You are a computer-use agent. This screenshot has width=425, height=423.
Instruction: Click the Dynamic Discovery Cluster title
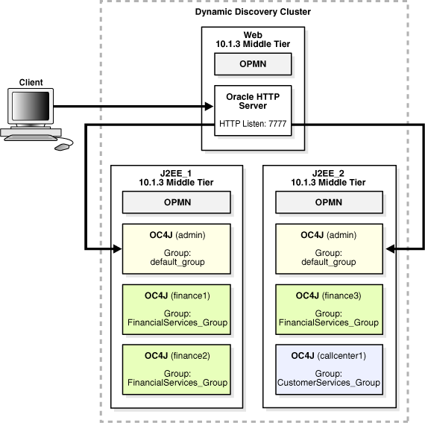253,12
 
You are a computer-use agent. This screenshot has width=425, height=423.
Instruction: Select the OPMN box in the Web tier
253,64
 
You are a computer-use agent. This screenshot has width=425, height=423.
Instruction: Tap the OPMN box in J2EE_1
177,202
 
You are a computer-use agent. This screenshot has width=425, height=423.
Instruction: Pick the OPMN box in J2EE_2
329,202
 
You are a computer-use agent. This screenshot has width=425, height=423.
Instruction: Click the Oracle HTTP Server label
253,101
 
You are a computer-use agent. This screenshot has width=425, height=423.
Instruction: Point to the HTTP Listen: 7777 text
253,124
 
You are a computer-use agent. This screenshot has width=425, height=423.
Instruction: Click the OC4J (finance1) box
177,310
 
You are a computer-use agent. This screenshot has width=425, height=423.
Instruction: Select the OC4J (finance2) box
177,369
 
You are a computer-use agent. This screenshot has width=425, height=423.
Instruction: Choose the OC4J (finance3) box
329,310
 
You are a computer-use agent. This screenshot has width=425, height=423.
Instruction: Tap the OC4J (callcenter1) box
329,369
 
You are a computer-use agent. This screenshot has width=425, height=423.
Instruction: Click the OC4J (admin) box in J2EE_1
177,249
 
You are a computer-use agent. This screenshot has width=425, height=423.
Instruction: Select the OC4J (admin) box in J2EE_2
329,249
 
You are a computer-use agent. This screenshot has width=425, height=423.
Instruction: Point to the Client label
31,82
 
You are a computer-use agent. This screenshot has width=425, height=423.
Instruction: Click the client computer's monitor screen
31,106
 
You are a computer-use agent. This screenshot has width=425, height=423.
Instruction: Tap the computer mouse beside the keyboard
61,147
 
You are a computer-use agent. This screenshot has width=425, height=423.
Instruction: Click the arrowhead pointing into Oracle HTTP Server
210,106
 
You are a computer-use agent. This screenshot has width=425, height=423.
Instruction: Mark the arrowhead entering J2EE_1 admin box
117,248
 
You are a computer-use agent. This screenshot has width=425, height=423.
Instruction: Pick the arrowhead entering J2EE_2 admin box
390,248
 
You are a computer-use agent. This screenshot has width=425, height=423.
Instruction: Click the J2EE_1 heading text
176,173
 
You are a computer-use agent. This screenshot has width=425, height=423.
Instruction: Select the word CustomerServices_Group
329,383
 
